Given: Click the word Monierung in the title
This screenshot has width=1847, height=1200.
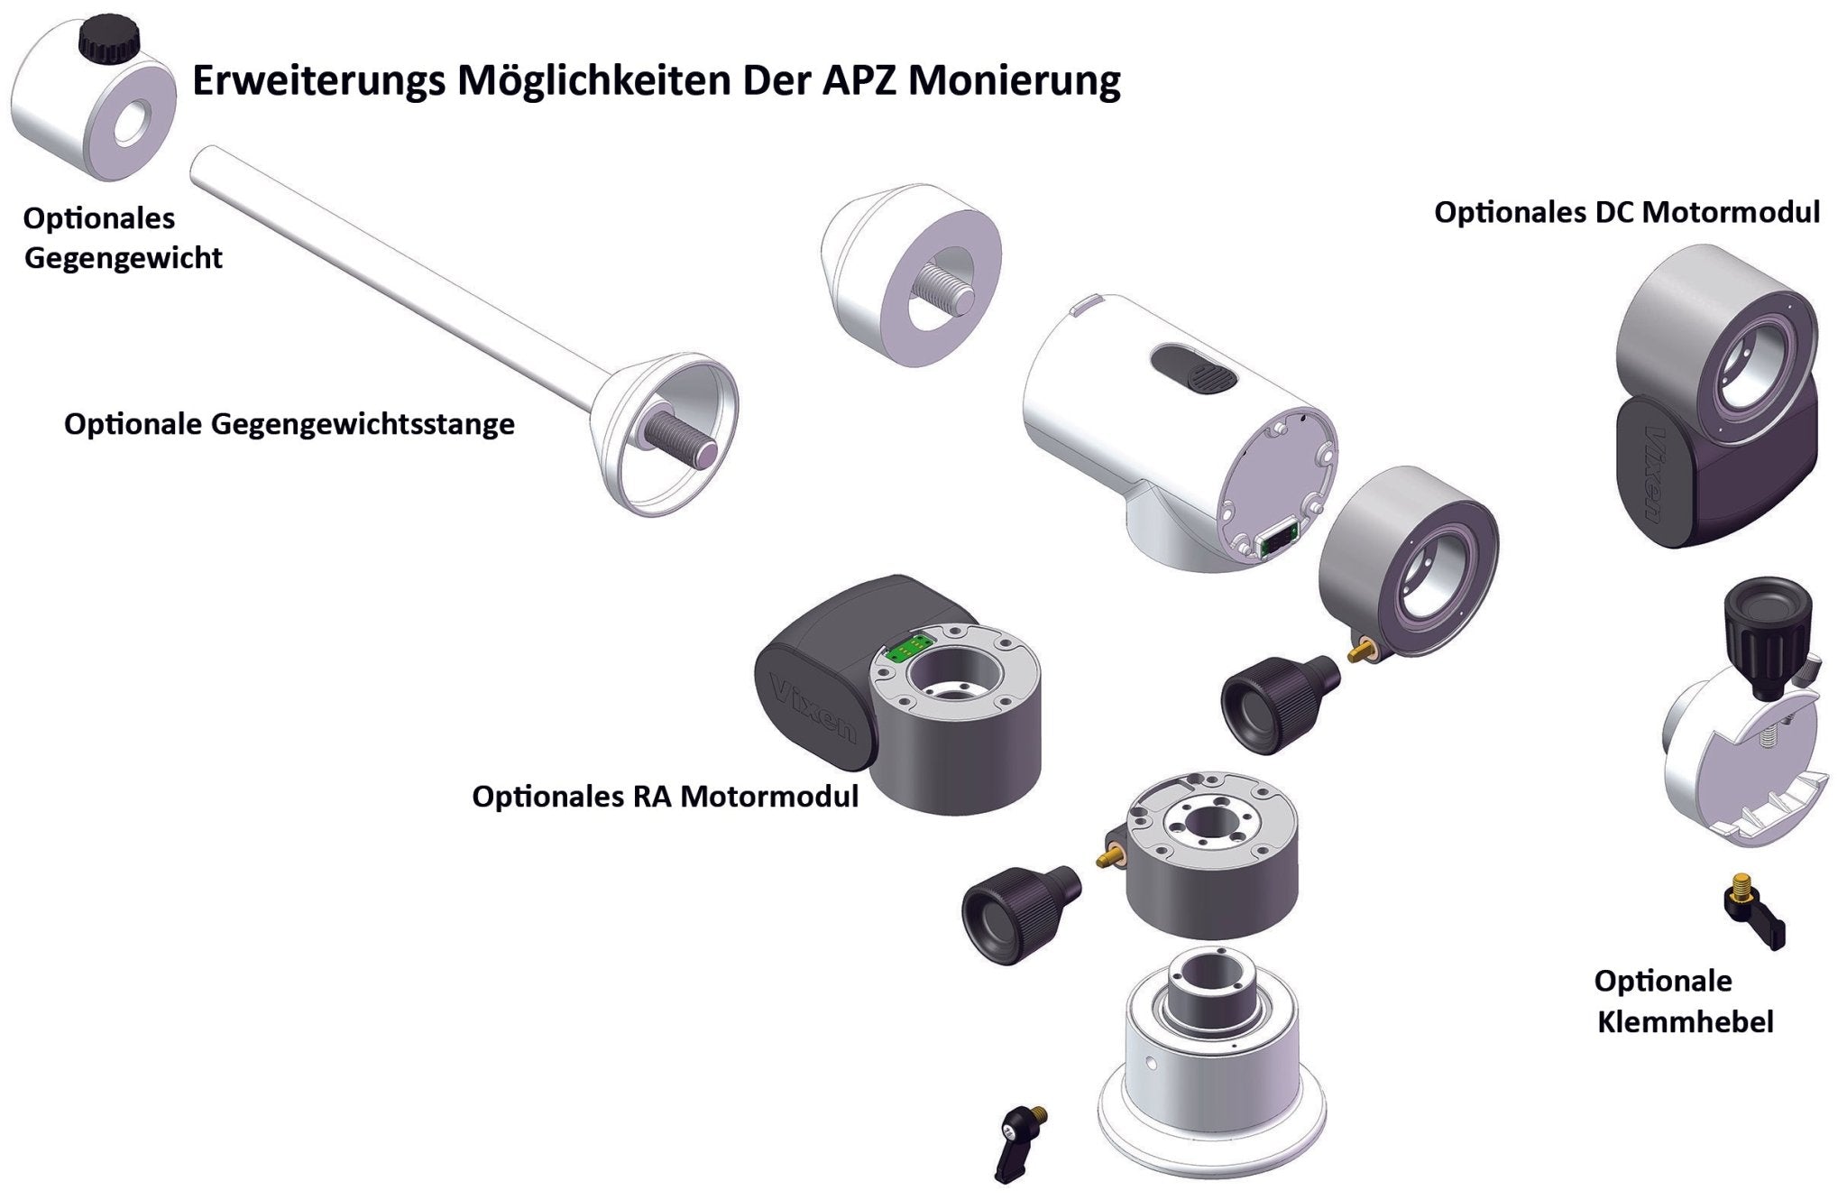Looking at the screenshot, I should pyautogui.click(x=1015, y=80).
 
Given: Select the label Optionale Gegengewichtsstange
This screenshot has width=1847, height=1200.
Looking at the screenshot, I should pyautogui.click(x=289, y=424).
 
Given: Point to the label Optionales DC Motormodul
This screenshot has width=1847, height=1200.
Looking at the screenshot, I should pyautogui.click(x=1627, y=213).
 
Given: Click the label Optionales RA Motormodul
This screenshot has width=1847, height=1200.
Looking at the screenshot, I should pyautogui.click(x=665, y=797).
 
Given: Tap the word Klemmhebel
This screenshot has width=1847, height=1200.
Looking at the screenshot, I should pyautogui.click(x=1685, y=1022).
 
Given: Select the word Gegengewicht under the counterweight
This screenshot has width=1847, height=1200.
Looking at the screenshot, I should pyautogui.click(x=123, y=258).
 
